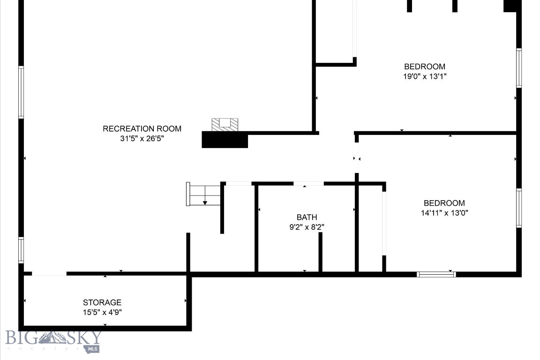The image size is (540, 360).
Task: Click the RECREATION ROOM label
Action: point(142,128)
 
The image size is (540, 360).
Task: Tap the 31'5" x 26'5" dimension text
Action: point(142,139)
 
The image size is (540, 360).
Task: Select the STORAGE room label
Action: point(102,302)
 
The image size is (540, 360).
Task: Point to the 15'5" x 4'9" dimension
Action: point(102,312)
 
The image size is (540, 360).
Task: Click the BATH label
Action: point(307,217)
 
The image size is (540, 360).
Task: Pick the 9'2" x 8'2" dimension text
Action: point(307,227)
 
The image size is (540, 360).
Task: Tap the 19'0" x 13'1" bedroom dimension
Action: point(425,76)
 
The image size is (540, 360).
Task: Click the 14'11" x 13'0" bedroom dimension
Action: point(444,213)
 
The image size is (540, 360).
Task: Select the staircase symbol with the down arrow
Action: point(204,195)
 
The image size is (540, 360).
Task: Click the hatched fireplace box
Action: point(225,124)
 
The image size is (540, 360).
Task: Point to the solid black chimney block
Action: point(225,140)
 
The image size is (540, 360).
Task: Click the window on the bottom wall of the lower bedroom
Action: point(436,274)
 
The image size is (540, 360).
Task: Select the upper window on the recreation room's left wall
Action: point(21,92)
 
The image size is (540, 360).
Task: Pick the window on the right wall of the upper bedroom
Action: point(519,68)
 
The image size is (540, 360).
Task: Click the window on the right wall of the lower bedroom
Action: point(519,208)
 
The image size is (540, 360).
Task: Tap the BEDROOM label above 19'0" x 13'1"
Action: point(425,67)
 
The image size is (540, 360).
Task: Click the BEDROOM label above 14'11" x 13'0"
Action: point(444,203)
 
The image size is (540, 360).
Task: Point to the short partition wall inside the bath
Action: point(321,252)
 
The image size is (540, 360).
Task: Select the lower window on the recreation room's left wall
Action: point(21,250)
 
